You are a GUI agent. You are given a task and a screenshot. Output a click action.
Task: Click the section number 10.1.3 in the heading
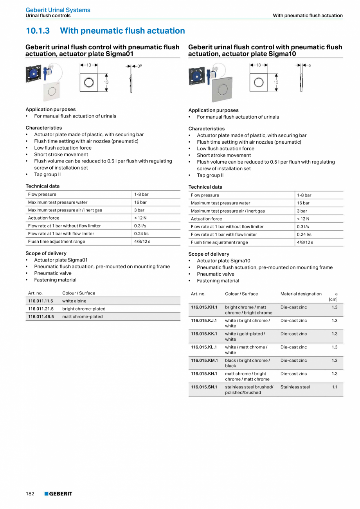[x=38, y=31]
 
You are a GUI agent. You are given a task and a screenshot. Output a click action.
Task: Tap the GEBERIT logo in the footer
[x=58, y=494]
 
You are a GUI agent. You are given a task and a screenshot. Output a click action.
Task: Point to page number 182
[x=30, y=494]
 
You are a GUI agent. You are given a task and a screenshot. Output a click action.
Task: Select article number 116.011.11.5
[x=41, y=301]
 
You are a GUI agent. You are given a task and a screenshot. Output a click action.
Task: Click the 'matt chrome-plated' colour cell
[x=83, y=317]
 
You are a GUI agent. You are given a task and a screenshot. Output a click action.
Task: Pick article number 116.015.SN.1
[x=204, y=387]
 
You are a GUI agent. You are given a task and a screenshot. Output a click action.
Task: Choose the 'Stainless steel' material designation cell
[x=295, y=387]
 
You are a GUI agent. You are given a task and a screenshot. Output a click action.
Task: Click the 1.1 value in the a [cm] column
[x=335, y=387]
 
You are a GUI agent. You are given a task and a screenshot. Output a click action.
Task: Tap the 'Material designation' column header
[x=301, y=294]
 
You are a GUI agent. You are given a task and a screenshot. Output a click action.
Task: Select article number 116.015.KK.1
[x=204, y=334]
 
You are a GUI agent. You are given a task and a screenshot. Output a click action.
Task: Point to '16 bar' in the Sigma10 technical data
[x=303, y=203]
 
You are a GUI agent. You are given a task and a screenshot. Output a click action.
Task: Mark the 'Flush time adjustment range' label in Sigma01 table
[x=56, y=242]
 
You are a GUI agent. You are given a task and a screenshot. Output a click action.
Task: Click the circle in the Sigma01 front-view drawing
[x=89, y=82]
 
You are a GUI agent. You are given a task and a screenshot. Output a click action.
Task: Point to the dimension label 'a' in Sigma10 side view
[x=310, y=65]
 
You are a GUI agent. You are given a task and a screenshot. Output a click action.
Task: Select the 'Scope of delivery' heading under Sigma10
[x=209, y=254]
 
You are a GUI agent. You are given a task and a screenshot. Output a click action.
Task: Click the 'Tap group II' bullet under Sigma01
[x=47, y=175]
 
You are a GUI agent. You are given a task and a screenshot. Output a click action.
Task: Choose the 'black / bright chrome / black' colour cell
[x=247, y=363]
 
